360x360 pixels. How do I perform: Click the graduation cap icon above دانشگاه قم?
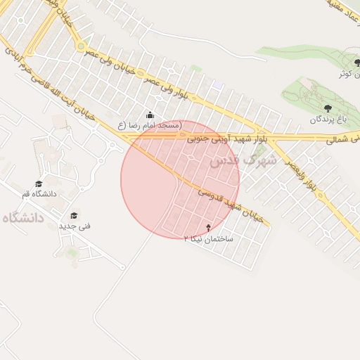click(39, 184)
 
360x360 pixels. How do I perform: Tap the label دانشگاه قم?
click(39, 194)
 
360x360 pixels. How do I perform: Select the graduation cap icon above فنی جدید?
click(74, 215)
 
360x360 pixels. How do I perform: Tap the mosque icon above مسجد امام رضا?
click(149, 115)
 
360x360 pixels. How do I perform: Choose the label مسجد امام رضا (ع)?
click(150, 125)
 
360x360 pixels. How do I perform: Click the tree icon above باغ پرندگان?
click(326, 108)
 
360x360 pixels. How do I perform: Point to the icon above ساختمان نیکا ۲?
click(208, 227)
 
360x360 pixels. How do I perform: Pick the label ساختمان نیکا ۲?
click(208, 238)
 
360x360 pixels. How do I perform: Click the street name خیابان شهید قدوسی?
click(231, 204)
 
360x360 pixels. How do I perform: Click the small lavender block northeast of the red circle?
click(219, 85)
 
